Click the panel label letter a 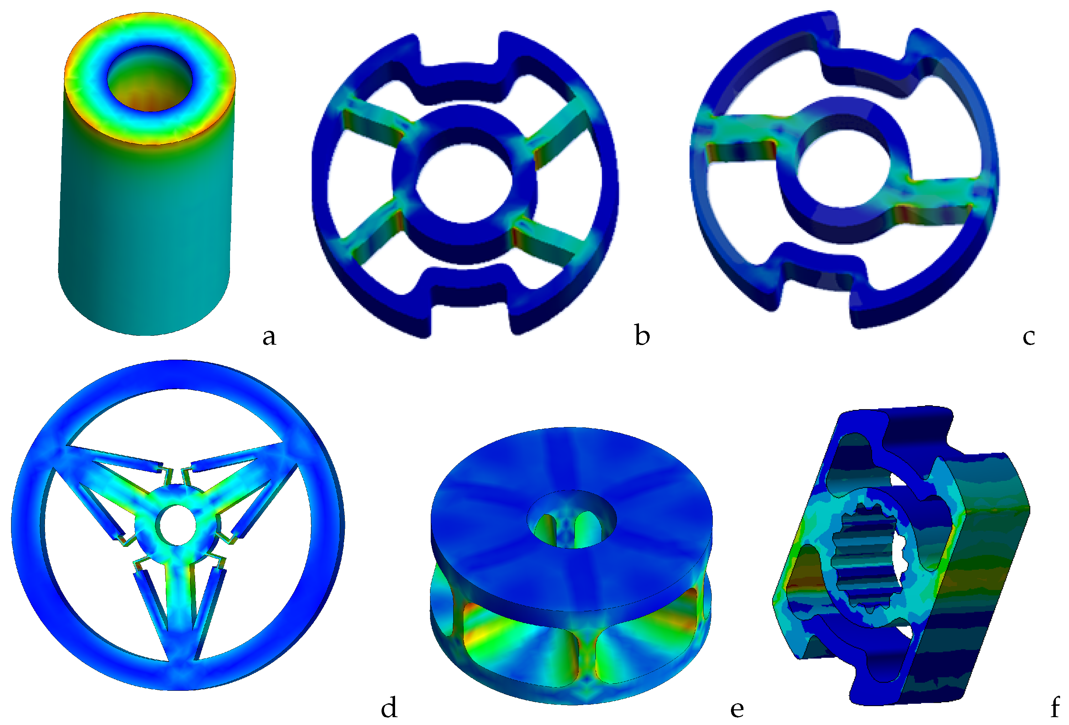[269, 337]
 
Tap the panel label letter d [389, 707]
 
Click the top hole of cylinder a [149, 78]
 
